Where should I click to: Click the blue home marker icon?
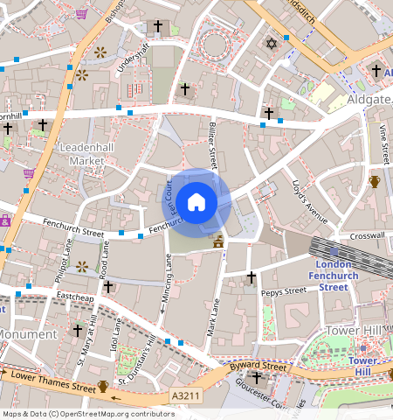click(196, 202)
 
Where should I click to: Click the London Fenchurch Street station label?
click(334, 276)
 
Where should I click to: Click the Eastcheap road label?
click(74, 297)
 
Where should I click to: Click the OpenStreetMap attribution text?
click(87, 414)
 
